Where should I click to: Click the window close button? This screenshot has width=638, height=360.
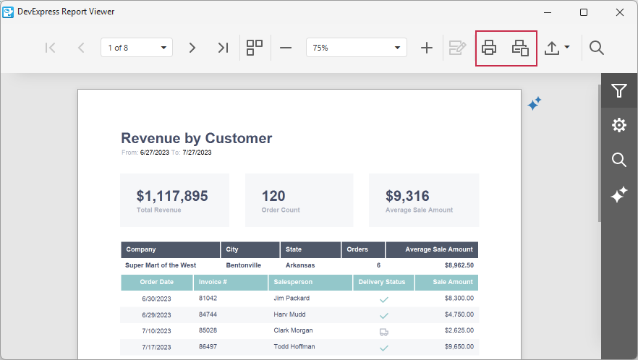pos(619,12)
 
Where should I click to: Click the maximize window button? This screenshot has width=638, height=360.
pos(584,12)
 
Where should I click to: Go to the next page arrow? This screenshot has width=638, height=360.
pos(192,48)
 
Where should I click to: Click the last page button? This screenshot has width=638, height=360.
pos(223,48)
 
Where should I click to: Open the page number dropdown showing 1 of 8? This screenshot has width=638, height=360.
pos(137,48)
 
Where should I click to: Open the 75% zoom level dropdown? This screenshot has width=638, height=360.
pos(356,48)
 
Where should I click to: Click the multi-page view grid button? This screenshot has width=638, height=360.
pos(255,48)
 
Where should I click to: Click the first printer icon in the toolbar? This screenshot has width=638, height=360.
pos(489,48)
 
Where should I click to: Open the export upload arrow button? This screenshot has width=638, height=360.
pos(556,48)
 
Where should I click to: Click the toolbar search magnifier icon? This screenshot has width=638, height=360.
pos(597,48)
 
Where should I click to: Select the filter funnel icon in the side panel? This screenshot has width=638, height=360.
pos(618,90)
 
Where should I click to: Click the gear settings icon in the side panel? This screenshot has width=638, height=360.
pos(618,125)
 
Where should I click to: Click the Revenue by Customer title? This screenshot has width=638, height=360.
pos(196,138)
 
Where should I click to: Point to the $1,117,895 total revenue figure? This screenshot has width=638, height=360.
pos(172,196)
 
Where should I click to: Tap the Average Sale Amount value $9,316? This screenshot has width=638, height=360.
pos(407,196)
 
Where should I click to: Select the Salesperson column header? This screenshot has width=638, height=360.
pos(293,282)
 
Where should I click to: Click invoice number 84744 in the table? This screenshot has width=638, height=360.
pos(208,314)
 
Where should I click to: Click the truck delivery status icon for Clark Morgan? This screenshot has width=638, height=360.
pos(383,332)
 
